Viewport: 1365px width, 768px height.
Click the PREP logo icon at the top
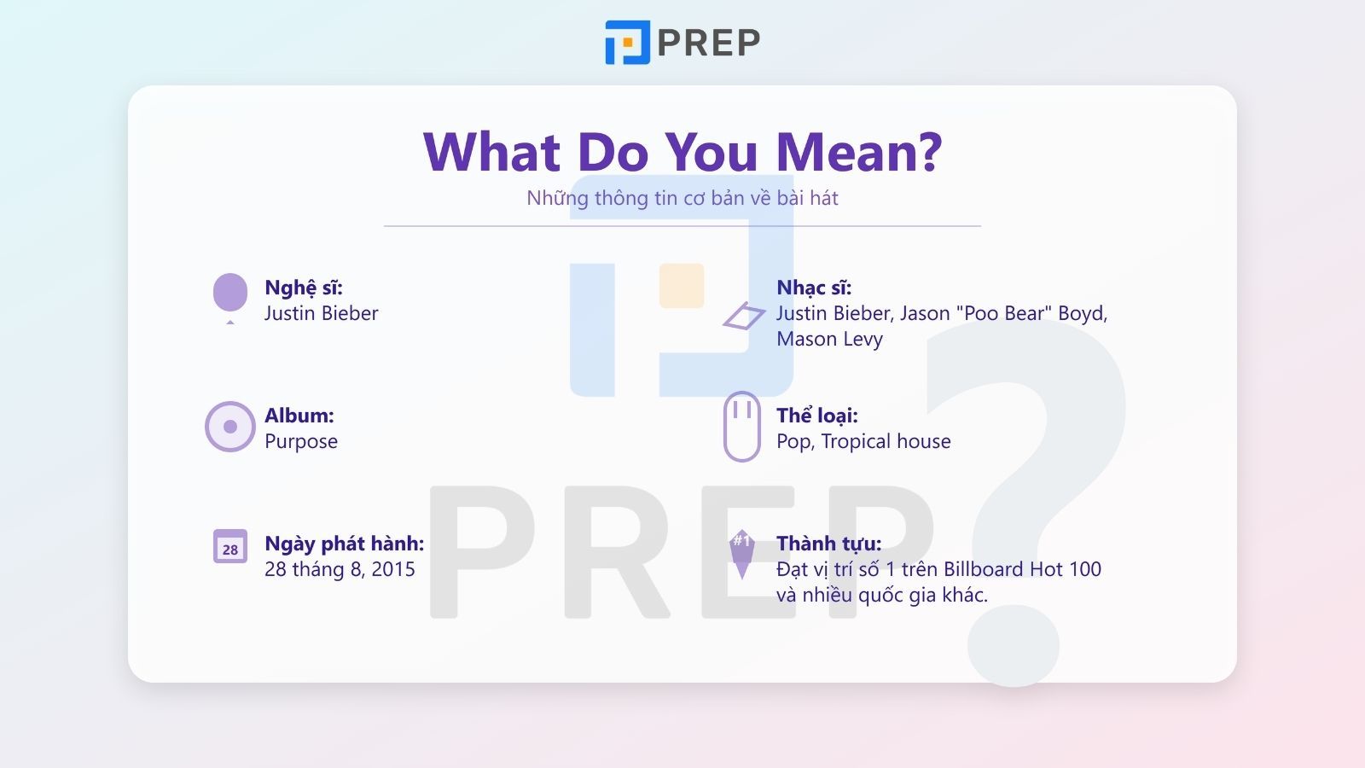coord(627,42)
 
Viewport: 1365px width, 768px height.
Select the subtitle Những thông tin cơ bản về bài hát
coord(682,198)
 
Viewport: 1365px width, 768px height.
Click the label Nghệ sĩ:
coord(304,288)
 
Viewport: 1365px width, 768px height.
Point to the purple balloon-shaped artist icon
coord(230,298)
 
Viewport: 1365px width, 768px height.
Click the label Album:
coord(299,415)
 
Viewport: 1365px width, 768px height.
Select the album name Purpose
coord(301,441)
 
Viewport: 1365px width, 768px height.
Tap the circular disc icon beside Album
coord(229,427)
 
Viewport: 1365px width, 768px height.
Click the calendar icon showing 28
coord(230,546)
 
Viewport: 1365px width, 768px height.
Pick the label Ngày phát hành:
coord(345,544)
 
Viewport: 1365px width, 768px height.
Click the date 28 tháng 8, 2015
coord(340,569)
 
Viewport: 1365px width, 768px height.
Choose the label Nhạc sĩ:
coord(814,288)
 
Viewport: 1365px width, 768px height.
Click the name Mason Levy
coord(829,339)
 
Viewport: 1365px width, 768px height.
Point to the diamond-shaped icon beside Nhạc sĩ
coord(744,316)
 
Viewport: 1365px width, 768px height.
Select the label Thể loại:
coord(817,415)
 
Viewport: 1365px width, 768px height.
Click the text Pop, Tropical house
coord(863,441)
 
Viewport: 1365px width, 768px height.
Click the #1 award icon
coord(741,554)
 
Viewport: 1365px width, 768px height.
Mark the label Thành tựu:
coord(828,544)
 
